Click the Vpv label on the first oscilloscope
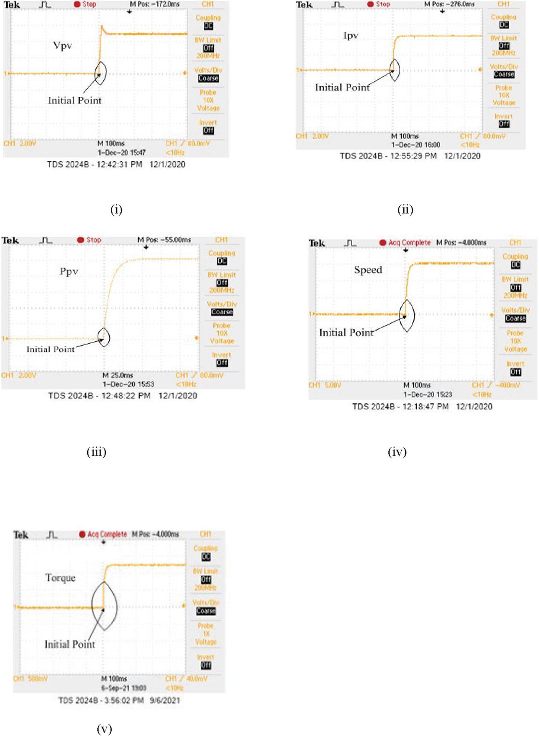click(63, 46)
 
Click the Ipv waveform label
click(351, 36)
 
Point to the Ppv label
click(69, 271)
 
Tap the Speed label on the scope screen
click(368, 270)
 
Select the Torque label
click(60, 578)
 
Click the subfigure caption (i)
click(116, 209)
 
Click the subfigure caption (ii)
click(405, 209)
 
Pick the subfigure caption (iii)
click(96, 452)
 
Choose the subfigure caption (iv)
click(397, 452)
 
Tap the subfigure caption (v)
click(105, 729)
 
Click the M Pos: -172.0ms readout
click(155, 4)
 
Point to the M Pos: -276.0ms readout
click(449, 4)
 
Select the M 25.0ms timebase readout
click(118, 375)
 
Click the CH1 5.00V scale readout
click(325, 385)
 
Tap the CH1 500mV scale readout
click(30, 679)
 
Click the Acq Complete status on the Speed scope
click(409, 243)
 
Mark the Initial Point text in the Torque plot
click(70, 644)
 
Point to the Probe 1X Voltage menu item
click(205, 634)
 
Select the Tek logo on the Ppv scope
click(10, 240)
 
